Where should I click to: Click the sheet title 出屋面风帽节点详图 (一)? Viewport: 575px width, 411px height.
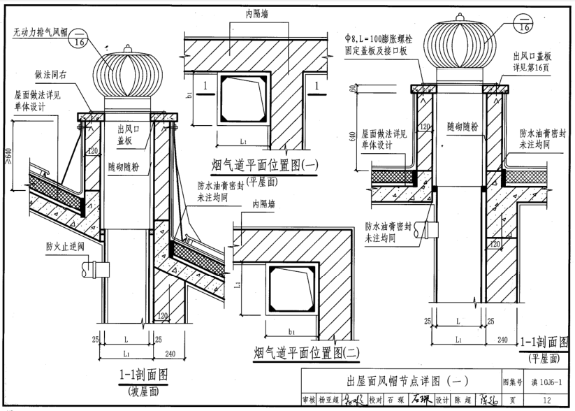407,381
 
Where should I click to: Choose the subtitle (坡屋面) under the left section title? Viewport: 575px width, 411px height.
143,392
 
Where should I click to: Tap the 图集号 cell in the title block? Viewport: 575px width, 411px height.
511,382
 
